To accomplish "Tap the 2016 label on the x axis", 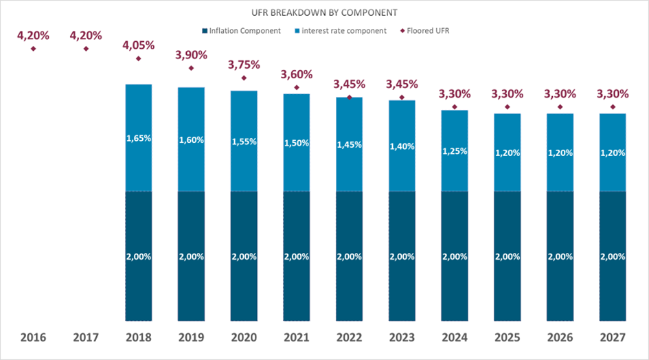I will (x=33, y=337).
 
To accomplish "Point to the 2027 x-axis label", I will (x=612, y=337).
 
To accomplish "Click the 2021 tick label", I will (x=296, y=337).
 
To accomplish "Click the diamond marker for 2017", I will (x=86, y=48).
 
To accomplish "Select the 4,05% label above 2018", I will (x=138, y=45).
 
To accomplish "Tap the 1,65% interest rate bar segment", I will (x=138, y=137).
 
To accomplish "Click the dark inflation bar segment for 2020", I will (x=244, y=256).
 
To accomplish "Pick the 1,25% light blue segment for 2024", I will (x=454, y=150).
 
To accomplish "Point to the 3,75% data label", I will (x=244, y=65).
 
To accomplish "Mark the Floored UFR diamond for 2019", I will (x=191, y=68).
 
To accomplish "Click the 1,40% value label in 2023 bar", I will (x=402, y=147).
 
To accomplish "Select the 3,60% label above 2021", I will (x=296, y=74).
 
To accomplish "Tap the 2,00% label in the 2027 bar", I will (x=612, y=256).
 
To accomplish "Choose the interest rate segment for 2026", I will (x=560, y=153).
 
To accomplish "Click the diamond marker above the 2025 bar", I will (x=507, y=107).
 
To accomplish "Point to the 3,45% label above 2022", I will (x=349, y=84).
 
